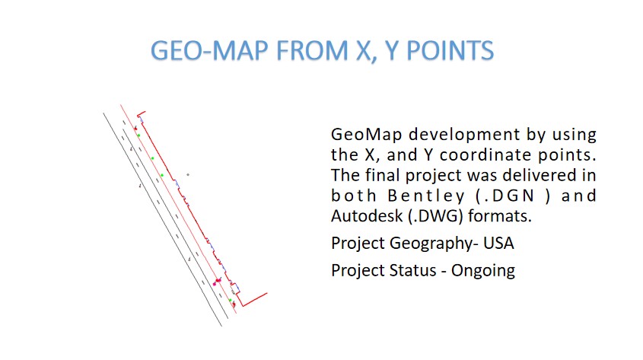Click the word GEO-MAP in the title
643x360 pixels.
click(x=209, y=51)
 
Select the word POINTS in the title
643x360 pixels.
click(x=450, y=51)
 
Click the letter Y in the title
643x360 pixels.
click(x=391, y=51)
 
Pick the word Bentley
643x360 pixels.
click(x=425, y=196)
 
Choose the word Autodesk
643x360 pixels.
click(x=367, y=216)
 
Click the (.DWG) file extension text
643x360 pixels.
click(x=435, y=216)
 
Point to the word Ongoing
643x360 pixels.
click(x=483, y=271)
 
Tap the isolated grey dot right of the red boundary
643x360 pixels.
click(x=188, y=174)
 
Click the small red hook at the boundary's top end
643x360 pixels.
click(x=140, y=113)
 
